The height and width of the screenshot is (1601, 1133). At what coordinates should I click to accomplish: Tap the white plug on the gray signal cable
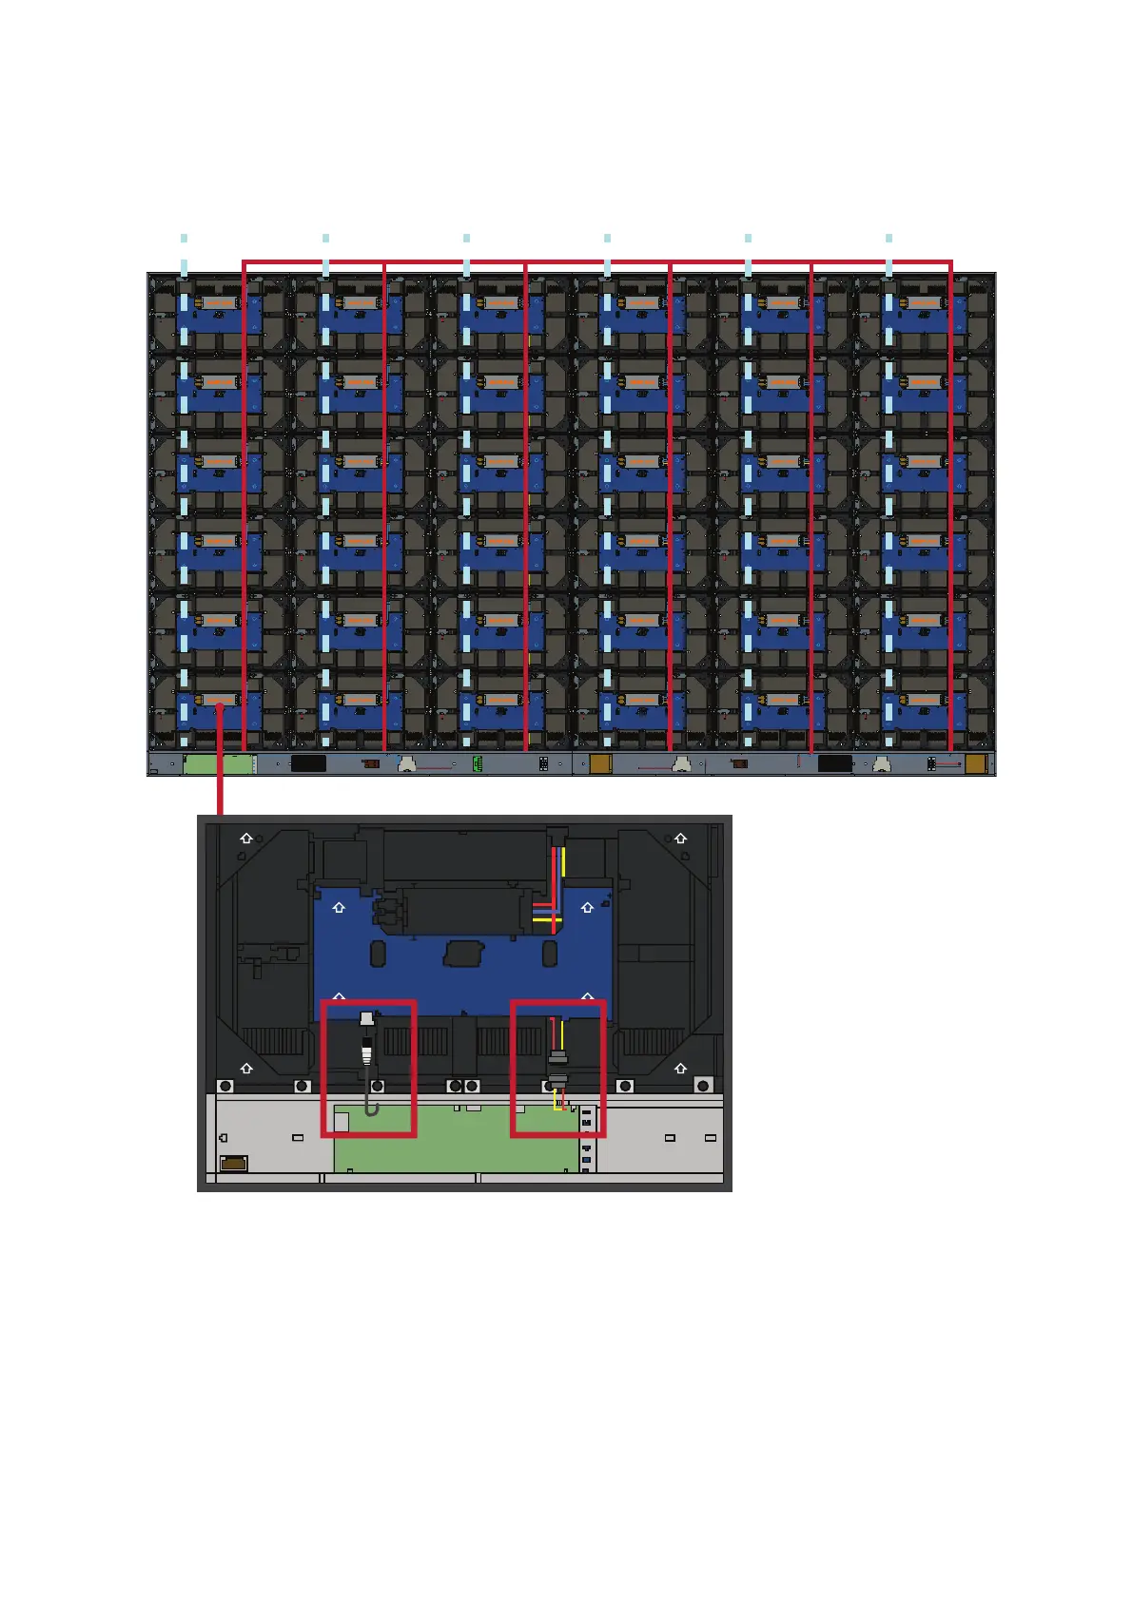[x=367, y=1021]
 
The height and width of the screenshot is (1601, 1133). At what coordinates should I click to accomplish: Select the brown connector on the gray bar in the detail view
[x=234, y=1163]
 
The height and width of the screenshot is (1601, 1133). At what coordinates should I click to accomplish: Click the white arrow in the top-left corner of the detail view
[x=246, y=838]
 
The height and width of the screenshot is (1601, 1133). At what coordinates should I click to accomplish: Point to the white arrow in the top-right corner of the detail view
[x=680, y=838]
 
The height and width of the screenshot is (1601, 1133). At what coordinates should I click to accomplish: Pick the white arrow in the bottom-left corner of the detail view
[x=246, y=1069]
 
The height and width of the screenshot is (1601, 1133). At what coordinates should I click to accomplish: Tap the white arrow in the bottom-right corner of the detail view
[x=680, y=1069]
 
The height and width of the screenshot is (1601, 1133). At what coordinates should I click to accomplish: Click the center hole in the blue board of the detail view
[x=464, y=953]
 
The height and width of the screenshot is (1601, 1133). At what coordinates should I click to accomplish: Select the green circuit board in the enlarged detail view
[x=457, y=1141]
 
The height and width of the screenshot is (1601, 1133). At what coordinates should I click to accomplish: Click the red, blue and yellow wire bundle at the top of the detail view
[x=549, y=889]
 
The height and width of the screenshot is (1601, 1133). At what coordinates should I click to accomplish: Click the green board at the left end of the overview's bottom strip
[x=218, y=763]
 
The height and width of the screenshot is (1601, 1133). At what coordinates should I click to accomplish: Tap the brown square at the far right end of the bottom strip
[x=975, y=763]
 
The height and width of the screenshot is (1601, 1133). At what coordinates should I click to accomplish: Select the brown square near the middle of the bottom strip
[x=600, y=763]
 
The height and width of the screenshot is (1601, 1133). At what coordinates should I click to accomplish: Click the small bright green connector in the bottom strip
[x=478, y=763]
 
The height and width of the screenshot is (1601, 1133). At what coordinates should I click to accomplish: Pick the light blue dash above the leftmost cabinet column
[x=184, y=238]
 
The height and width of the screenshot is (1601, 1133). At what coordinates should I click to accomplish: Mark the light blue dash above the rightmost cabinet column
[x=889, y=238]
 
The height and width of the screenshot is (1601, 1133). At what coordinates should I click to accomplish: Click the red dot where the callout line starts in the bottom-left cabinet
[x=220, y=705]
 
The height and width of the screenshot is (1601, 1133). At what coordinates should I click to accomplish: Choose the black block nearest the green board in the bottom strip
[x=308, y=763]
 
